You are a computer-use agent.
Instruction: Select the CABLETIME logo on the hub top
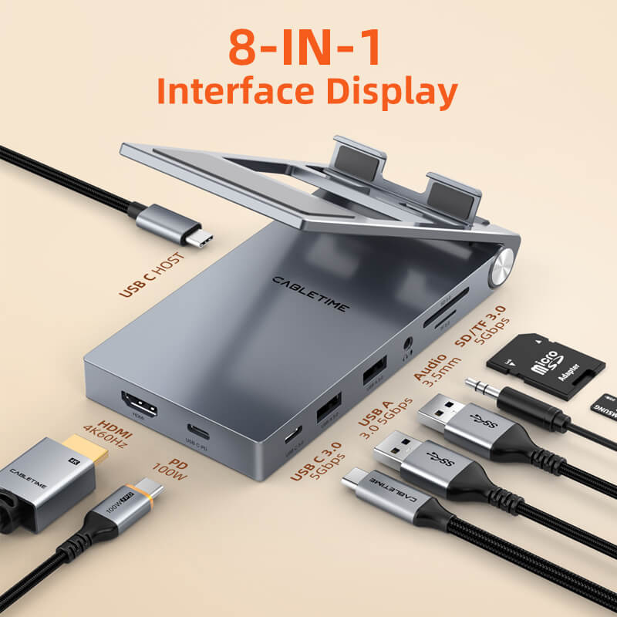click(x=309, y=295)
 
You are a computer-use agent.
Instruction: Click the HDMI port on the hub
click(x=139, y=405)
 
